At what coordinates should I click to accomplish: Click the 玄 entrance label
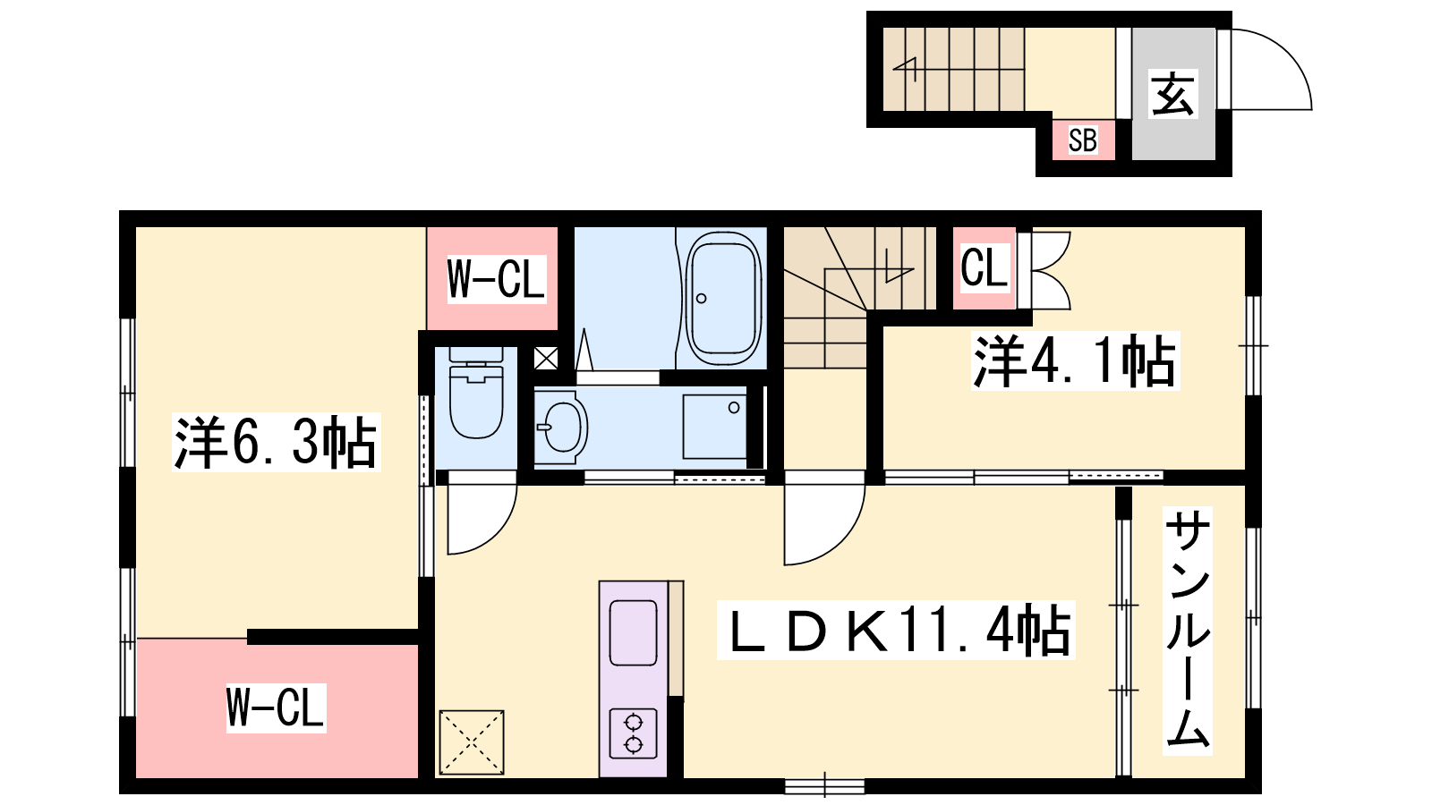point(1173,94)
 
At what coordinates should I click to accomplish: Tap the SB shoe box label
point(1083,140)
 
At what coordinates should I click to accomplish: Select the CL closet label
point(984,268)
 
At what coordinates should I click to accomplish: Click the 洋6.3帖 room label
point(277,442)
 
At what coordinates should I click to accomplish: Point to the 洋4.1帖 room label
point(1075,360)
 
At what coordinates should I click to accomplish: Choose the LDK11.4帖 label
point(896,630)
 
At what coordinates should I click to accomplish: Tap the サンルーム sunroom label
point(1188,631)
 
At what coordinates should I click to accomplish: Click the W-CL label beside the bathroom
point(496,279)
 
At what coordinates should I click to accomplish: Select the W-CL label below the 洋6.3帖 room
point(277,708)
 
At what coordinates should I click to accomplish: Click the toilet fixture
point(475,393)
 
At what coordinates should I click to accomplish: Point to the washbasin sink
point(561,427)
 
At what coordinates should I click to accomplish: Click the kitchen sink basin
point(634,633)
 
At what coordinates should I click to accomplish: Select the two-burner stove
point(634,733)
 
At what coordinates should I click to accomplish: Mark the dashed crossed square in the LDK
point(472,742)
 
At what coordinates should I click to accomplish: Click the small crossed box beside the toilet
point(546,359)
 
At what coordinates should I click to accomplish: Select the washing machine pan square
point(715,427)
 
